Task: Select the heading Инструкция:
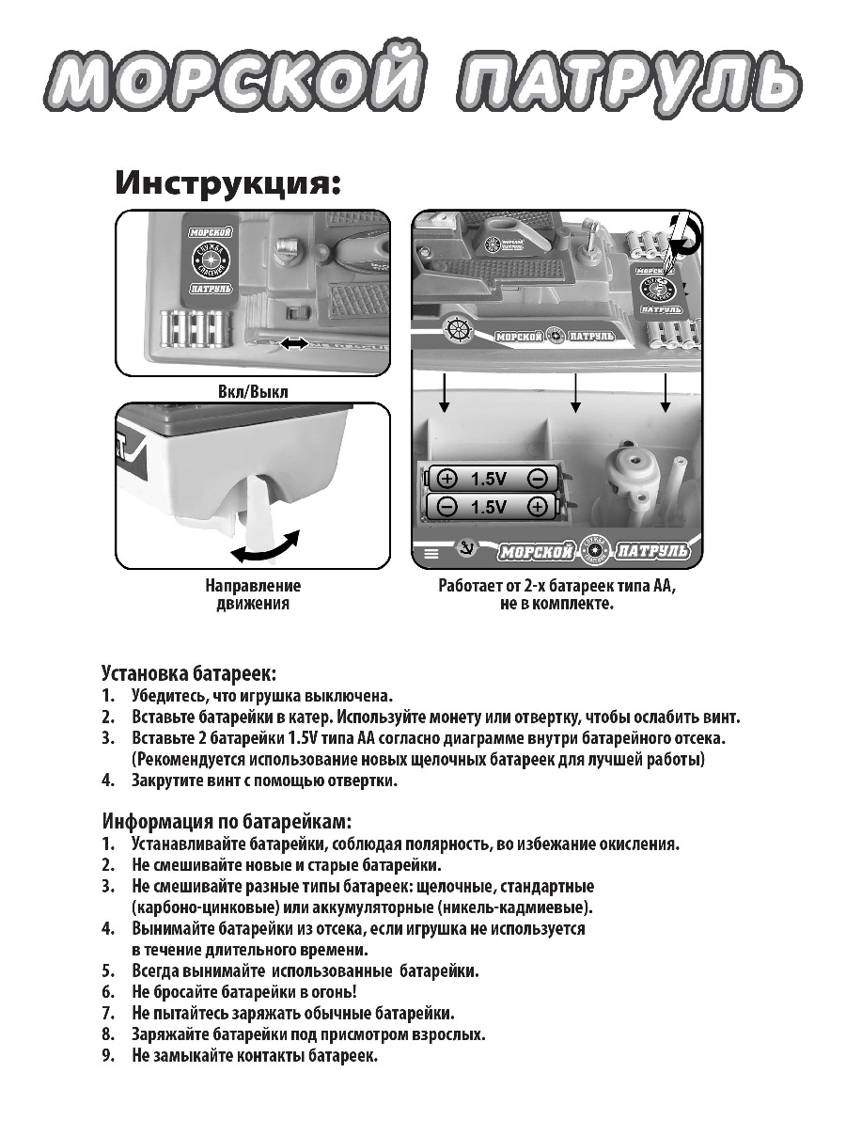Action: pos(227,181)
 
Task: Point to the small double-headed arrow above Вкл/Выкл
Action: pos(292,345)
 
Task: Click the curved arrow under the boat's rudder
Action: pos(265,549)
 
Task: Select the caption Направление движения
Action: pos(253,594)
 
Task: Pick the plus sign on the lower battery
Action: pos(537,507)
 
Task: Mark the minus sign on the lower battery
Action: pos(446,507)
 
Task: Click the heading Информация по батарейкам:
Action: pos(226,820)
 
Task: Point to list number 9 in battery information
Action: pos(109,1056)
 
